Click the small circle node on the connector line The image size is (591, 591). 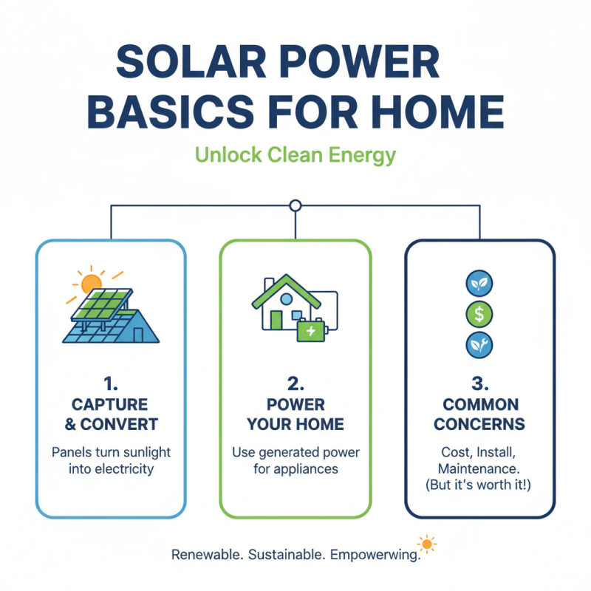tap(295, 205)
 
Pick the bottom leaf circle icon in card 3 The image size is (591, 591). tap(479, 344)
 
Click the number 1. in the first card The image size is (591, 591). tap(110, 384)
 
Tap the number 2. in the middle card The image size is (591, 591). tap(295, 384)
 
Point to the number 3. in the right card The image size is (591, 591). tap(479, 384)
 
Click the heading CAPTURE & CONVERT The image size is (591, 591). tap(110, 414)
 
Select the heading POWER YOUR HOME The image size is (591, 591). tap(295, 414)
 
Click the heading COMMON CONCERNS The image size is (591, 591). tap(479, 414)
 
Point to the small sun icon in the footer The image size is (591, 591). tap(426, 545)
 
